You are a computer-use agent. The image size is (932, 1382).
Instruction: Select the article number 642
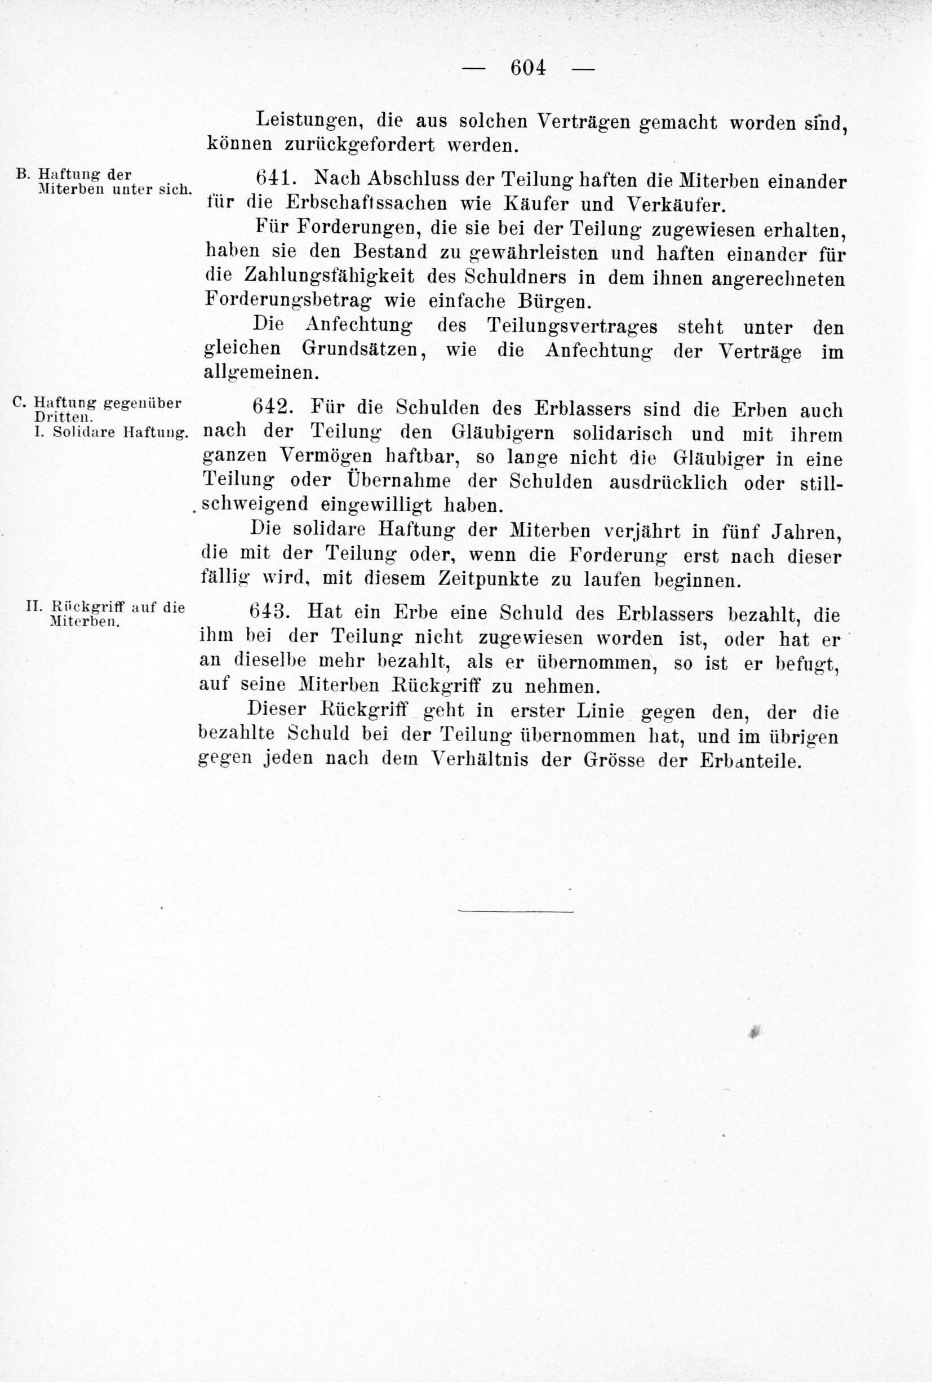tap(271, 407)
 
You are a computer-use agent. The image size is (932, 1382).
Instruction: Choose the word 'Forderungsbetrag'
tap(288, 300)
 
